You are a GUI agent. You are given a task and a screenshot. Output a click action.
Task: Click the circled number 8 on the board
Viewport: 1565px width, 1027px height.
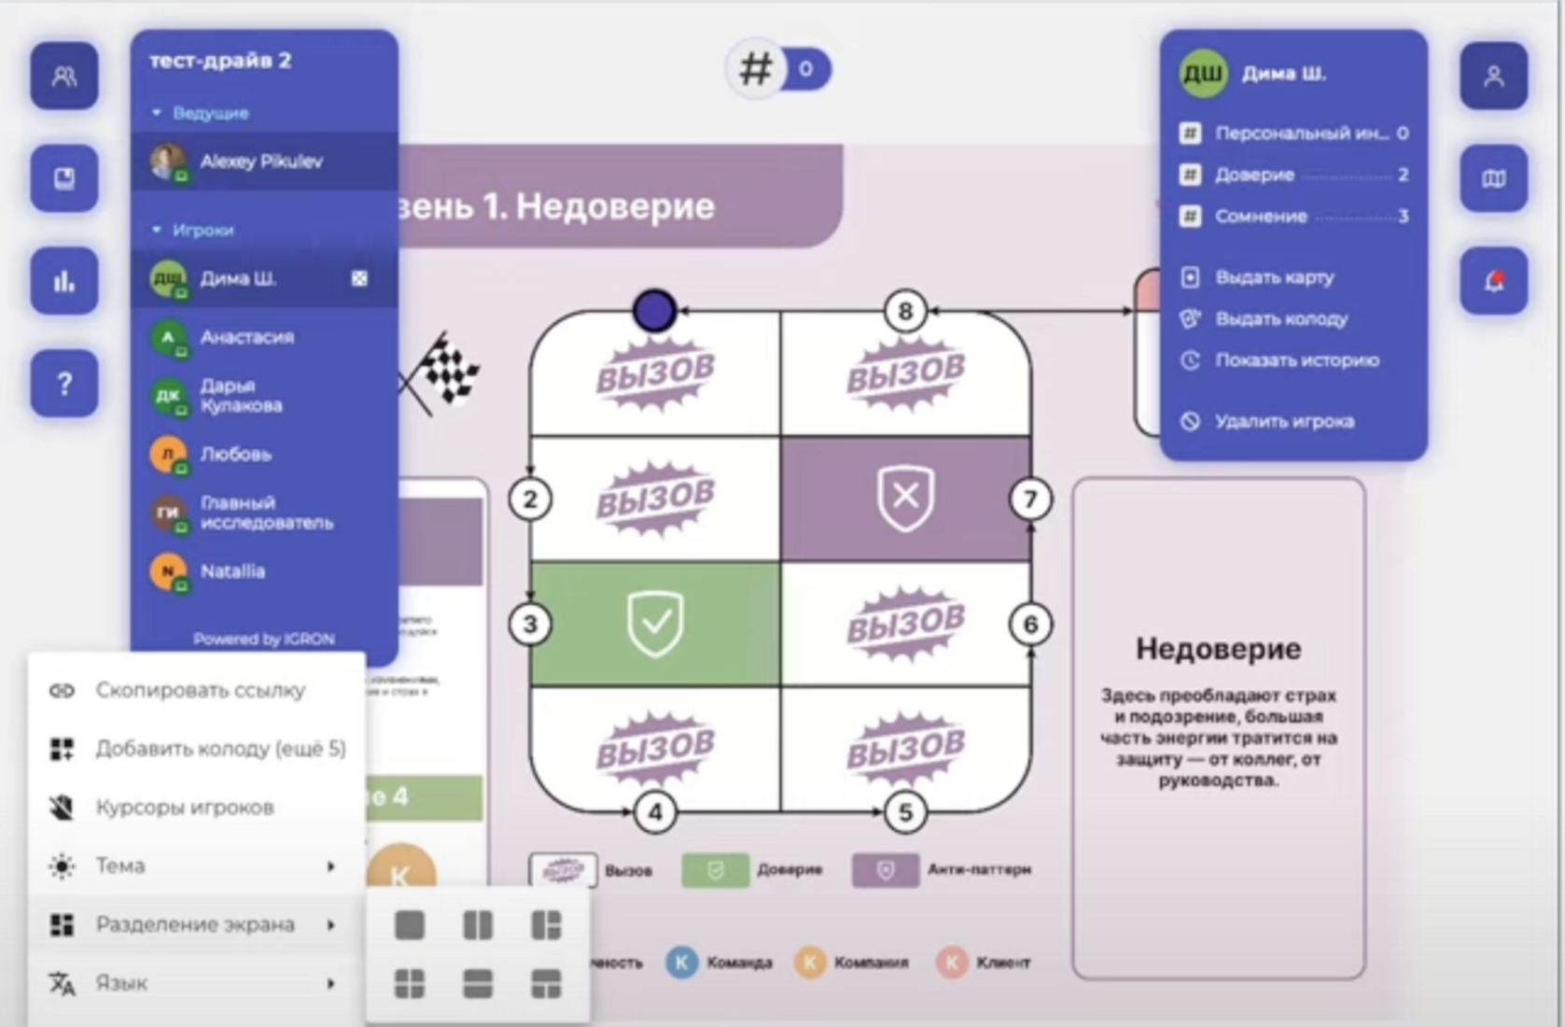pos(904,311)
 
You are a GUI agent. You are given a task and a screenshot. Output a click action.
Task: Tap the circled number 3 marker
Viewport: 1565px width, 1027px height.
pos(530,624)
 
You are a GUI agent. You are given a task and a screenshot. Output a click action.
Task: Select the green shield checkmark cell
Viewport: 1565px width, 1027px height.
pos(655,624)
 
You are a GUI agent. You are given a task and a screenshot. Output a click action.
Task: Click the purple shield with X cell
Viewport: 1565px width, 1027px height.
pos(905,498)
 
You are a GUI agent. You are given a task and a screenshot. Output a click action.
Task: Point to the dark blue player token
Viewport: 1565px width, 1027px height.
pos(654,311)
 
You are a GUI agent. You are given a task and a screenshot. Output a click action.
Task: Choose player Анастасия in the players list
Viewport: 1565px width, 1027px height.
pos(246,337)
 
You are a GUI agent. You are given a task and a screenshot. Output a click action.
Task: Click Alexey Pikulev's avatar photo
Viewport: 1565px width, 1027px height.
pos(168,162)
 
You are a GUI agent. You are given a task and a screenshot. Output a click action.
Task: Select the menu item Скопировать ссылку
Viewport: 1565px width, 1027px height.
pos(200,690)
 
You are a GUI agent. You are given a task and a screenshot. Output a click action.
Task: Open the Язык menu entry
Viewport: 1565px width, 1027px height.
pos(121,983)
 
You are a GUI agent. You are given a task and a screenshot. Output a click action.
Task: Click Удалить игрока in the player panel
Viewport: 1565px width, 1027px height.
pos(1283,421)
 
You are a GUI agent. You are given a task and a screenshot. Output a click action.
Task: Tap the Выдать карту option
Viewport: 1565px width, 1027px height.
pos(1274,277)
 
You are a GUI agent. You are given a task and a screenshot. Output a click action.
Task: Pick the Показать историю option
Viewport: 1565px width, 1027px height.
pos(1296,360)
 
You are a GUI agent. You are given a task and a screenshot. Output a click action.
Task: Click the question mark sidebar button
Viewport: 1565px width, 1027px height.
pos(64,383)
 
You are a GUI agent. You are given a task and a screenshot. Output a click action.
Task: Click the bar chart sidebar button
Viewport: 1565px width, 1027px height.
pos(64,280)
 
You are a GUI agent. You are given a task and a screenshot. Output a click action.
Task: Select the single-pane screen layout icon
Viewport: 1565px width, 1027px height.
pos(410,925)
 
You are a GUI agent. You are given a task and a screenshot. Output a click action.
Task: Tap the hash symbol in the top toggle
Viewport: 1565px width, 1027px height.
pos(756,69)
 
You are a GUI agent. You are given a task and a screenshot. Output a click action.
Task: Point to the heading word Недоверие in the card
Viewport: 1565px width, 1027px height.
pos(1218,649)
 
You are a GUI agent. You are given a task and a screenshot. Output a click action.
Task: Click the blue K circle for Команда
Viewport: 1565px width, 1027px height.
pos(682,963)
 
